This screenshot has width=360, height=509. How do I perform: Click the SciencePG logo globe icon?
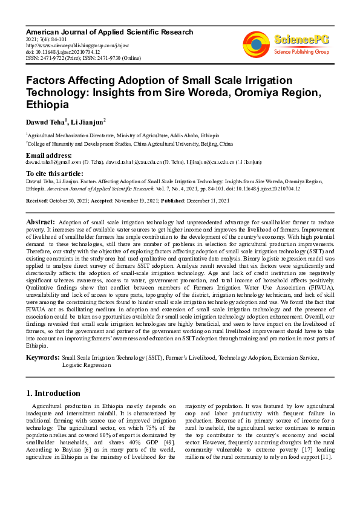tap(257, 43)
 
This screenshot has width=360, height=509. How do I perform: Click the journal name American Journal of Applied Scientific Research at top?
tap(110, 31)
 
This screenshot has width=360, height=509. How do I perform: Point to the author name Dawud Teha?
tap(45, 122)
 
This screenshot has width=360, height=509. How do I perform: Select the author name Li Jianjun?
tap(88, 122)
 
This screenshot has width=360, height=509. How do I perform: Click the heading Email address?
tap(48, 156)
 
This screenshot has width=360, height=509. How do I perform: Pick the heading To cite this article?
tap(54, 173)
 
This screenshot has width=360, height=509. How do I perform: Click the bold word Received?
tap(38, 200)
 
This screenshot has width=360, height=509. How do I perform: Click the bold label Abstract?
tap(41, 222)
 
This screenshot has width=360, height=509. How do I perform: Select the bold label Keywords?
tap(42, 358)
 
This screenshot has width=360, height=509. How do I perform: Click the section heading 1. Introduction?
tap(53, 393)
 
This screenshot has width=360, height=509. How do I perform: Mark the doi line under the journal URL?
tap(63, 52)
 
